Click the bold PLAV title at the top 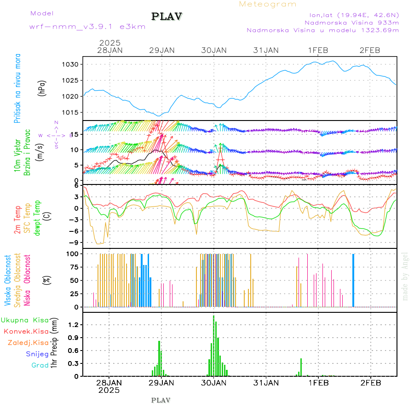167,17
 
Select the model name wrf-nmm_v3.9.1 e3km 87,26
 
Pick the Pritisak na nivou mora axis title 18,88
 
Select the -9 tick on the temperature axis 76,242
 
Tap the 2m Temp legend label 18,220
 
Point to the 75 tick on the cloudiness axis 75,267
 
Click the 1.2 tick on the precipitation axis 75,325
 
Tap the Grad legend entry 40,365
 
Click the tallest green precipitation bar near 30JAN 213,345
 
